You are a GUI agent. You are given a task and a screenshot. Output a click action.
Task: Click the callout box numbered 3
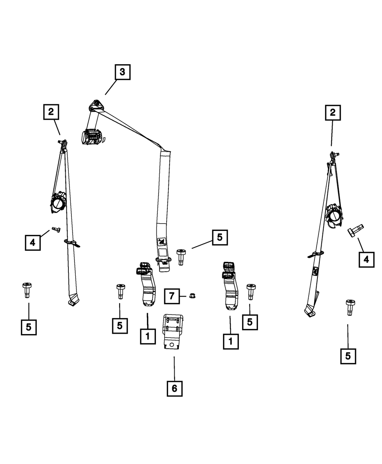(x=122, y=72)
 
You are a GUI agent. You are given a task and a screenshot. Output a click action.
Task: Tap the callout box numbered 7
(x=172, y=296)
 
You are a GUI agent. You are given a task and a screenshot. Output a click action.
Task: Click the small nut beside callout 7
(x=192, y=295)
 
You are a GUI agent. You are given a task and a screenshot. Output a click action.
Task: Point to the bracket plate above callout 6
(x=173, y=331)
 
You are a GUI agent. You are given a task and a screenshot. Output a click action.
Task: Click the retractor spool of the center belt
(x=92, y=137)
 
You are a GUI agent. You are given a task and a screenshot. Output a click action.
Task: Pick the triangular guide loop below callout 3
(x=96, y=105)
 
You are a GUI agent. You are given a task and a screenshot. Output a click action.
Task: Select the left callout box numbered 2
(x=51, y=112)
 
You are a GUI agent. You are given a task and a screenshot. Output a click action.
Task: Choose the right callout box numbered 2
(x=333, y=113)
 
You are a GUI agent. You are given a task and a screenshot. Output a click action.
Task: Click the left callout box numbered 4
(x=32, y=242)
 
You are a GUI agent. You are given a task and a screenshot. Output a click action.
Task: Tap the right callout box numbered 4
(x=366, y=260)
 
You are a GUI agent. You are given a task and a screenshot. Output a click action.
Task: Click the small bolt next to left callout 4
(x=56, y=230)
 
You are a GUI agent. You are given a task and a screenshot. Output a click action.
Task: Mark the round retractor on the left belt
(x=58, y=203)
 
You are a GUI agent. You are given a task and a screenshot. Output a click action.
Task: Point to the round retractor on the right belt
(x=334, y=216)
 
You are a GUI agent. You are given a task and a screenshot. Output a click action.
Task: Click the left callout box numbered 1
(x=148, y=336)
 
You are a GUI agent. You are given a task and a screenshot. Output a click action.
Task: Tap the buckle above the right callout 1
(x=230, y=286)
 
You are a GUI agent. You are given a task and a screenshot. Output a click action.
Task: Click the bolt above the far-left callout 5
(x=27, y=290)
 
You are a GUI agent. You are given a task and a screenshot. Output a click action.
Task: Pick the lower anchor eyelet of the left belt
(x=72, y=303)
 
